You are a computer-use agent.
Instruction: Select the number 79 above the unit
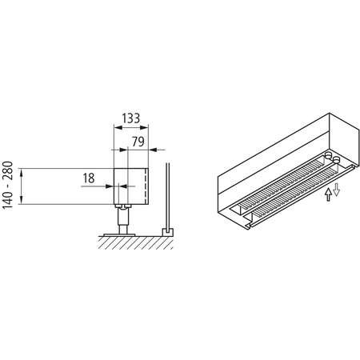coord(138,142)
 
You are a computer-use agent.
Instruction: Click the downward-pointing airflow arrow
coord(337,190)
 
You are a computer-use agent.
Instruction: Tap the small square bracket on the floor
coord(167,230)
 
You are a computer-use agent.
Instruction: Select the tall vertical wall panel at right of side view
coord(166,196)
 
